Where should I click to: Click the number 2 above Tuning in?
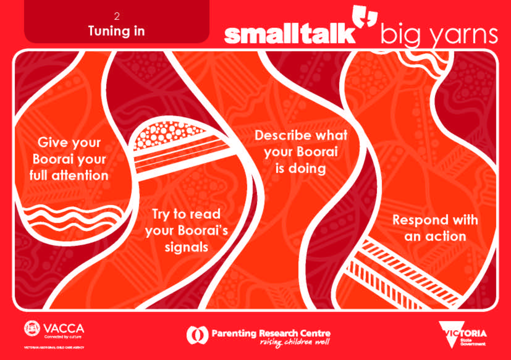[x=116, y=16]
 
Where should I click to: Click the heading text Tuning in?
[x=116, y=31]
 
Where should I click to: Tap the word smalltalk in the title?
[x=289, y=35]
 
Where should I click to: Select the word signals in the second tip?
[x=186, y=247]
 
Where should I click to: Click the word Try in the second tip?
[x=160, y=214]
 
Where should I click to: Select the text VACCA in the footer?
[x=64, y=329]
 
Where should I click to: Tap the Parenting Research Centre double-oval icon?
[x=197, y=335]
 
